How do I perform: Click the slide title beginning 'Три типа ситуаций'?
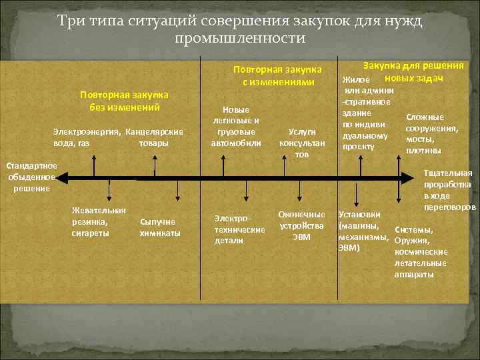pos(240,29)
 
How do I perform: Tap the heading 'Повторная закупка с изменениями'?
pos(277,76)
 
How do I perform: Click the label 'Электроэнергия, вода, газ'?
pos(83,137)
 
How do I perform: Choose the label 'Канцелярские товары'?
pos(154,137)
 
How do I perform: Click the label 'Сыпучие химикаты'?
pos(159,227)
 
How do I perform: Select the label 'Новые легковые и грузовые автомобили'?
pos(236,127)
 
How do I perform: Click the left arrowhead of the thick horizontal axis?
pos(61,178)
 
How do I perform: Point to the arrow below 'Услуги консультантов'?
pos(299,167)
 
